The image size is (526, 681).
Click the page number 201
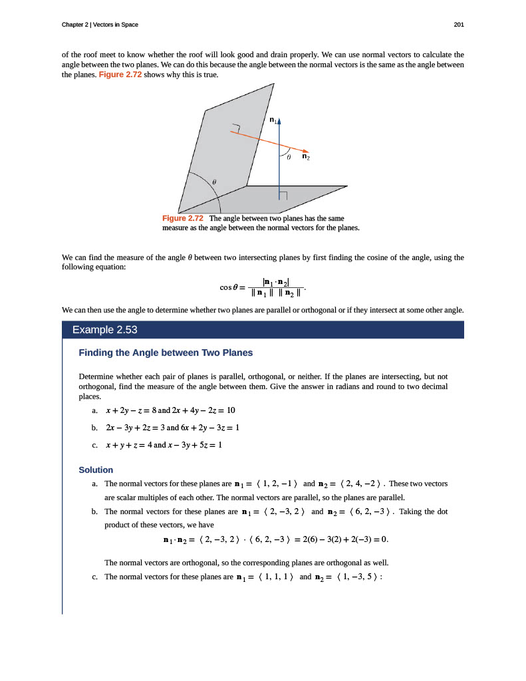click(x=458, y=25)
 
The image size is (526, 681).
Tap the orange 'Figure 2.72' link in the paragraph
click(x=120, y=74)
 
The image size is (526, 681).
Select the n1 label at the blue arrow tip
click(x=273, y=120)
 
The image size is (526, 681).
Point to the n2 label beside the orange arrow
click(x=305, y=158)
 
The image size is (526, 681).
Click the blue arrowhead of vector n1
click(x=280, y=122)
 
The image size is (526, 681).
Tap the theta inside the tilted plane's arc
click(x=213, y=181)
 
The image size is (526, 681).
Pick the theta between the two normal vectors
click(x=289, y=158)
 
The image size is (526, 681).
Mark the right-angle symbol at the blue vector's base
click(x=283, y=196)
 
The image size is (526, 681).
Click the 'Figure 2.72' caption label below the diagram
click(x=182, y=219)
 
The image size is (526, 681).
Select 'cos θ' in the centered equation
click(x=229, y=287)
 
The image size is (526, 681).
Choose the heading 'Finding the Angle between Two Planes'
click(x=166, y=352)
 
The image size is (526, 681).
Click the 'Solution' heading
click(x=96, y=470)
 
